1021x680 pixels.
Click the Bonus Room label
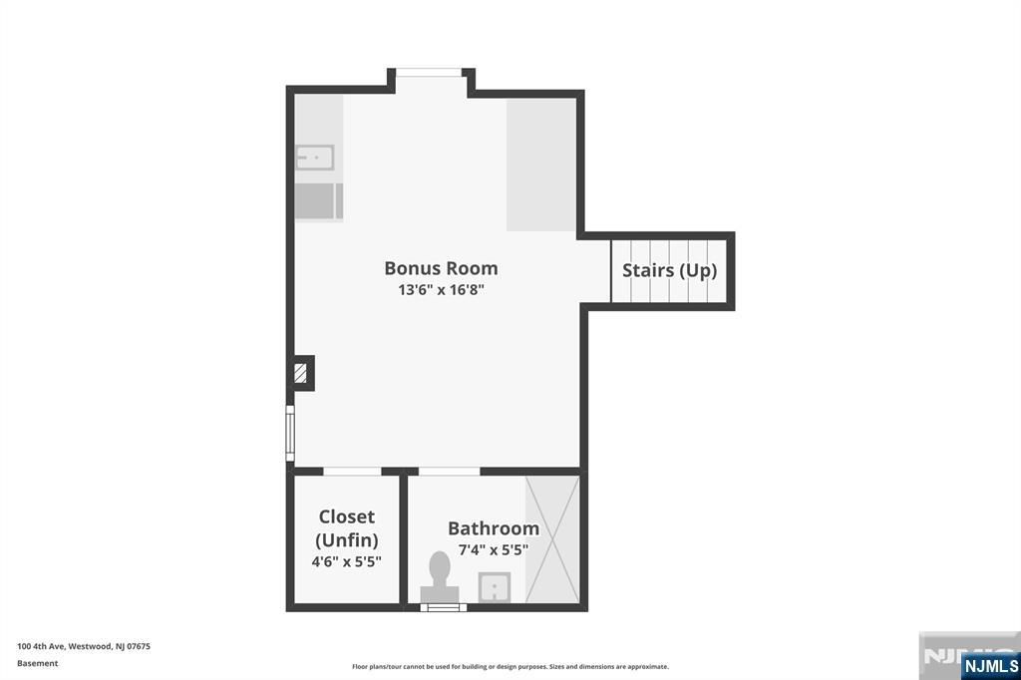coord(441,267)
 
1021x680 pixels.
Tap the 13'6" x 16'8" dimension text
coord(441,289)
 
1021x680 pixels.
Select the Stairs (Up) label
coord(669,270)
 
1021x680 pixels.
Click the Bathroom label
coord(494,528)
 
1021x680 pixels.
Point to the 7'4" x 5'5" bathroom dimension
coord(494,549)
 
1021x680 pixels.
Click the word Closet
coord(346,516)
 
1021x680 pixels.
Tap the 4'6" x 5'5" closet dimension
coord(346,561)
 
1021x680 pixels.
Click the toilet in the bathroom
coord(440,577)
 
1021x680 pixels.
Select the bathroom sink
coord(495,587)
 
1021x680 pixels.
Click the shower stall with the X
coord(552,539)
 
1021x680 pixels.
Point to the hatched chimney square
coord(300,373)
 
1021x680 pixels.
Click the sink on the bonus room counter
coord(315,158)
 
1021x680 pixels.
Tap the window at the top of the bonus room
coord(429,73)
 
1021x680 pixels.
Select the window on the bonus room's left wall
coord(290,433)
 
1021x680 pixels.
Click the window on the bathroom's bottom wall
coord(443,607)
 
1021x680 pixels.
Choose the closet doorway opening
coord(352,471)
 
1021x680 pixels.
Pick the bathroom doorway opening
coord(450,471)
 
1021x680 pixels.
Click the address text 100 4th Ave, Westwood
coord(84,646)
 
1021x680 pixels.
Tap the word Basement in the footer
coord(37,663)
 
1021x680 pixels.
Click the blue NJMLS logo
coord(990,665)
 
